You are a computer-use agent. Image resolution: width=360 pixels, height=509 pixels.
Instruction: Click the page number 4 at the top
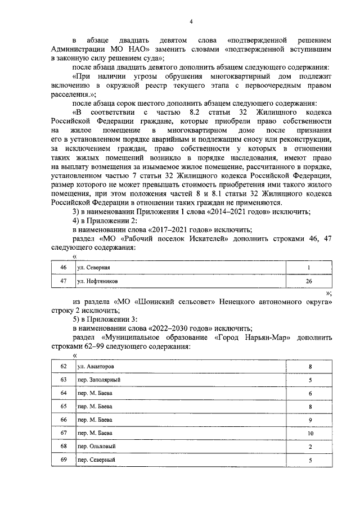pos(191,21)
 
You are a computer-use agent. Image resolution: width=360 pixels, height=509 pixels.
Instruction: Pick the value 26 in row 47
pos(309,280)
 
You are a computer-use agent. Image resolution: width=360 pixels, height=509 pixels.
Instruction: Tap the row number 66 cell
pos(63,420)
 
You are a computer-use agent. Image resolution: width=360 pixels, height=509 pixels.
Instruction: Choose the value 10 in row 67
pos(310,433)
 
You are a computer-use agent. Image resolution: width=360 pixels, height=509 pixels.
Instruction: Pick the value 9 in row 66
pos(310,420)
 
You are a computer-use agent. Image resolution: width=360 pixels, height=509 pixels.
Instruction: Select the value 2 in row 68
pos(310,447)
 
